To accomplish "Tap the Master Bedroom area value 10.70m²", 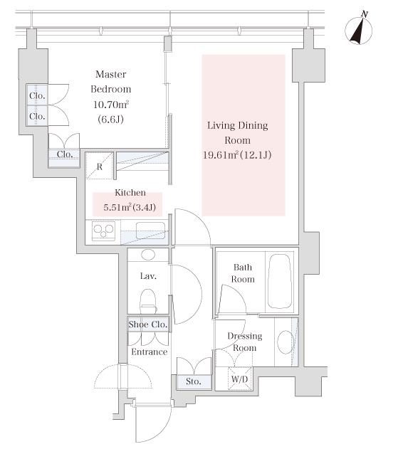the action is click(111, 105).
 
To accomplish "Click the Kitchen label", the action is click(130, 192).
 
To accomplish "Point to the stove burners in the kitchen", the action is click(103, 231).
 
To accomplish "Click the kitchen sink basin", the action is click(150, 231).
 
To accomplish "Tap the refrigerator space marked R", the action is click(100, 167).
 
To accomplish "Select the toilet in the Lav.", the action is click(148, 301).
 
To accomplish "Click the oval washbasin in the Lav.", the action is click(148, 255).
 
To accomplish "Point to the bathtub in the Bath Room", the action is click(279, 282).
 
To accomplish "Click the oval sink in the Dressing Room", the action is click(285, 342).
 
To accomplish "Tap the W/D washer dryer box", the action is click(240, 379).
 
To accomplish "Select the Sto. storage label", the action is click(194, 381).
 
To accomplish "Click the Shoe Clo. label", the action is click(148, 324).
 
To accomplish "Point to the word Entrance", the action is click(150, 352).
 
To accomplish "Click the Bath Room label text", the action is click(243, 273).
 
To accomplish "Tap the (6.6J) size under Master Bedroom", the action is click(110, 119).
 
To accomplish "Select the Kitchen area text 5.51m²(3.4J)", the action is click(130, 207).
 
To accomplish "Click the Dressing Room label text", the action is click(245, 342).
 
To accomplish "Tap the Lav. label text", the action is click(148, 276).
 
